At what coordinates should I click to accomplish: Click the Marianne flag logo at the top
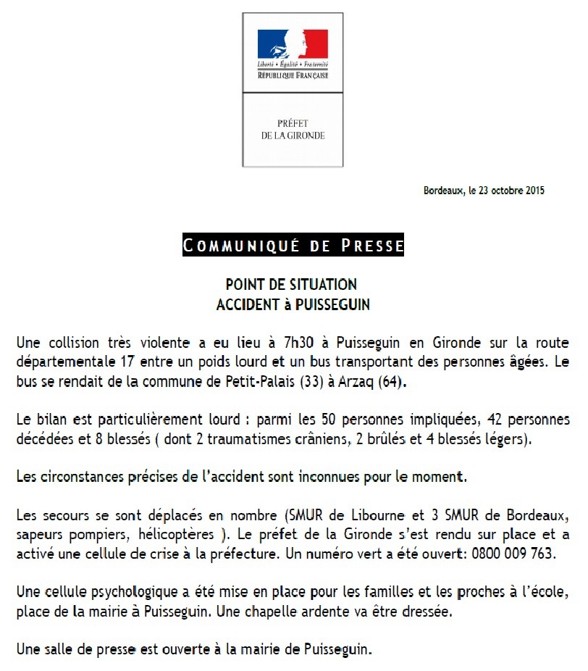293,44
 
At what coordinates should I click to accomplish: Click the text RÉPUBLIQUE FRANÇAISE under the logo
293,75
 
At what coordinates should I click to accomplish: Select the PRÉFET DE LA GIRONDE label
293,130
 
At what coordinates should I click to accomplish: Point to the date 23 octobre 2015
506,191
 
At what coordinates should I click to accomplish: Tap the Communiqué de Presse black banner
293,246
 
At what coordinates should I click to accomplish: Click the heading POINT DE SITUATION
293,285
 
